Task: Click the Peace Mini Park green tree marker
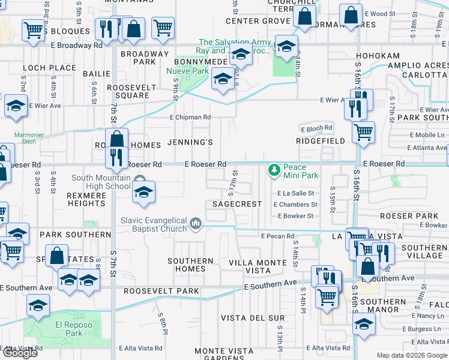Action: click(x=274, y=170)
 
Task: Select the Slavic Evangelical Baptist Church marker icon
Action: click(x=196, y=225)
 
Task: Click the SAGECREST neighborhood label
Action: click(x=237, y=204)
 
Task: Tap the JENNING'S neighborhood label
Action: click(x=190, y=143)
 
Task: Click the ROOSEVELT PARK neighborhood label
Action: click(x=161, y=291)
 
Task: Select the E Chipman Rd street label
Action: click(x=190, y=118)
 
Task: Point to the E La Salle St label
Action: click(x=296, y=193)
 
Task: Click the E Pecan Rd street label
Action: click(x=277, y=236)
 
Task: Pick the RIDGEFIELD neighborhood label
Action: click(x=320, y=141)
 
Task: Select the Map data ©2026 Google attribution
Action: click(x=411, y=355)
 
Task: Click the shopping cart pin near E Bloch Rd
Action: click(x=363, y=133)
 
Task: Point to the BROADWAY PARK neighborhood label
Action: click(x=145, y=58)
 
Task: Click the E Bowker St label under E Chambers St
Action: click(x=294, y=215)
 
